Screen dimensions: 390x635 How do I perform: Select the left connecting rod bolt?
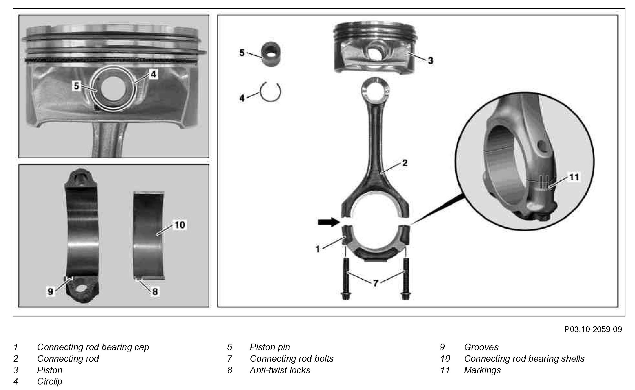(x=346, y=279)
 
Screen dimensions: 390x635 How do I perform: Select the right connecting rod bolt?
(x=405, y=279)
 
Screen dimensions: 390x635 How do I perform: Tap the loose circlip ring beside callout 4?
(x=271, y=92)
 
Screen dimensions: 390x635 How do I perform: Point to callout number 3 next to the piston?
(x=430, y=60)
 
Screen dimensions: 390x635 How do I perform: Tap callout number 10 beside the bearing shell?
(x=180, y=225)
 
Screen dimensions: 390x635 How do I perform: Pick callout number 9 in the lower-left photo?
(x=50, y=291)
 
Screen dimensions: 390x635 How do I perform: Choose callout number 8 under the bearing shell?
(x=155, y=291)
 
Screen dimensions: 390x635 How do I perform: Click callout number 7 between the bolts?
(x=375, y=283)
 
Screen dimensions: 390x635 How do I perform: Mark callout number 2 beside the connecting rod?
(x=405, y=163)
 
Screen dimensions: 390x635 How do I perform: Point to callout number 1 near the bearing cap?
(x=318, y=249)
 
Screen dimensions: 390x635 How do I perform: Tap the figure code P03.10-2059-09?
(x=593, y=329)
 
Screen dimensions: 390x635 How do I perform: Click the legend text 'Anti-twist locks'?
(x=280, y=370)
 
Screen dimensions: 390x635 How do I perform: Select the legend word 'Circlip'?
(x=50, y=381)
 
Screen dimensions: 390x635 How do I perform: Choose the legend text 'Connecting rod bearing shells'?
(x=524, y=359)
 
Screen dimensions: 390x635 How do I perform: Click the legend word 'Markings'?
(x=482, y=370)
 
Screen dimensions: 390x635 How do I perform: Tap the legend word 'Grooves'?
(x=481, y=347)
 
